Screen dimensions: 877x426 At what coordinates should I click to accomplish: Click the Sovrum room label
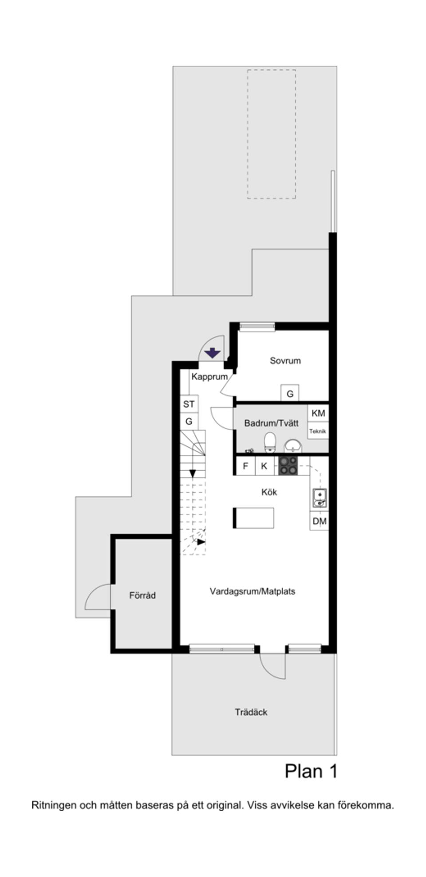click(285, 361)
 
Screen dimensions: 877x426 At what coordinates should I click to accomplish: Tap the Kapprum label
click(209, 377)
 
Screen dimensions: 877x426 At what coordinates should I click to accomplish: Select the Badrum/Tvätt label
click(271, 423)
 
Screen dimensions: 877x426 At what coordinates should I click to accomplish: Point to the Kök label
click(269, 492)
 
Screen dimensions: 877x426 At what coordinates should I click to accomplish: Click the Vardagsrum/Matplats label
click(252, 591)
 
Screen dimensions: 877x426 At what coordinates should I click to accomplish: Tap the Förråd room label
click(142, 595)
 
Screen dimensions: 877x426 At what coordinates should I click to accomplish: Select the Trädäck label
click(251, 712)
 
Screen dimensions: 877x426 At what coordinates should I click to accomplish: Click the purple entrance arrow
click(213, 353)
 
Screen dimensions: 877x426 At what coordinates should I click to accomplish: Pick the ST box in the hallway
click(189, 404)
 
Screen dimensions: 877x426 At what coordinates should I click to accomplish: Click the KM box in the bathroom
click(318, 413)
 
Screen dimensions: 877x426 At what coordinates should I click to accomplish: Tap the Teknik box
click(318, 431)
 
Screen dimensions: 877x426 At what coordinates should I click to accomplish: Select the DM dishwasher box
click(319, 521)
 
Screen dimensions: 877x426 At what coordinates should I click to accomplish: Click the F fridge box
click(245, 466)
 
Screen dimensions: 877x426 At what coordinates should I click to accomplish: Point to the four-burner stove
click(288, 466)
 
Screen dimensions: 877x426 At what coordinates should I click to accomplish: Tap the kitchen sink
click(319, 498)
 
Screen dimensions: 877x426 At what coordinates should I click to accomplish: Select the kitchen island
click(253, 518)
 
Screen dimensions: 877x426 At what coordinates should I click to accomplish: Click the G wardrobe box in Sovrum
click(290, 393)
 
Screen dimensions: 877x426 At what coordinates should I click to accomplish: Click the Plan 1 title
click(311, 771)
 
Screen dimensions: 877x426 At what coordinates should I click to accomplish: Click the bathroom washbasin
click(292, 445)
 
